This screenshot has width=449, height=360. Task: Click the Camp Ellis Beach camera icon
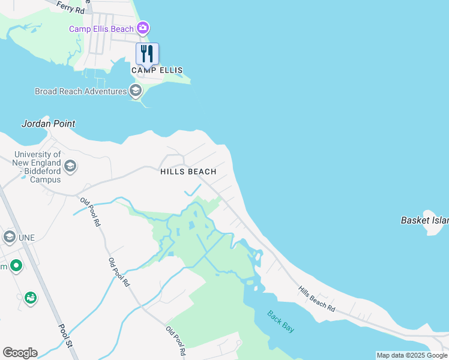tap(143, 28)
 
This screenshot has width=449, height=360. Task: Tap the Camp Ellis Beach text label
tap(101, 29)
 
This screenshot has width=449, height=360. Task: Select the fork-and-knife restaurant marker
tap(147, 53)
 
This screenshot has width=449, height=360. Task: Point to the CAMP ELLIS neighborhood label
tap(157, 70)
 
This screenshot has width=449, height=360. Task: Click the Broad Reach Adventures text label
tap(80, 91)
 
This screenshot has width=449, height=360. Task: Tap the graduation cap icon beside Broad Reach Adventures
tap(136, 91)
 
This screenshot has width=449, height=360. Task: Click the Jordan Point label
tap(49, 124)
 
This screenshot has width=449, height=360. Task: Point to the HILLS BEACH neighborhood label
tap(188, 172)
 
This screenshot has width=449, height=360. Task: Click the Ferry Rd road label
tap(71, 7)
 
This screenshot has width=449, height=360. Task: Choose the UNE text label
tap(26, 238)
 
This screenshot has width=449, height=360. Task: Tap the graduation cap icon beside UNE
tap(9, 238)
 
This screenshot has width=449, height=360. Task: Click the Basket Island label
tap(424, 221)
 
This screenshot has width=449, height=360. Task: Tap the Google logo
tap(20, 353)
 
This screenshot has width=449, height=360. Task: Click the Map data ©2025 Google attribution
tap(412, 355)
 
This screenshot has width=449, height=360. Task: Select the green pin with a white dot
tap(16, 265)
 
